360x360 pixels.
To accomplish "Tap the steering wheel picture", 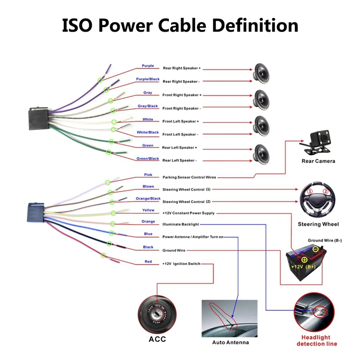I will pyautogui.click(x=318, y=201).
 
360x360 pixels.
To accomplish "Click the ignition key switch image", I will pyautogui.click(x=157, y=311).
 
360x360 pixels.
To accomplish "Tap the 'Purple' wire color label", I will pyautogui.click(x=148, y=66).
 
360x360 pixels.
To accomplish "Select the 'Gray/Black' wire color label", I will pyautogui.click(x=148, y=106).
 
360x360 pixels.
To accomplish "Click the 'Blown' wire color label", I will pyautogui.click(x=148, y=186).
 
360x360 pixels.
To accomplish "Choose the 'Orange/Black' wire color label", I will pyautogui.click(x=148, y=198).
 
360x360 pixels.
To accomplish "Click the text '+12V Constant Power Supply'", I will pyautogui.click(x=189, y=213).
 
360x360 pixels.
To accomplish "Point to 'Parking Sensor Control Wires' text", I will pyautogui.click(x=189, y=177).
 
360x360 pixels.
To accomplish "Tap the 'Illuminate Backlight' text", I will pyautogui.click(x=180, y=224).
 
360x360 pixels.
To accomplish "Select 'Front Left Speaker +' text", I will pyautogui.click(x=180, y=121).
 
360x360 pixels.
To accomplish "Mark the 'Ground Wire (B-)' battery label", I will pyautogui.click(x=324, y=240).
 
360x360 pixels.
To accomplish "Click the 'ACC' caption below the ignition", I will pyautogui.click(x=157, y=339).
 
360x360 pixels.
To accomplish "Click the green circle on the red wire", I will pyautogui.click(x=103, y=256).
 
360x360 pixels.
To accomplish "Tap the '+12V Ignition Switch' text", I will pyautogui.click(x=181, y=264).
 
